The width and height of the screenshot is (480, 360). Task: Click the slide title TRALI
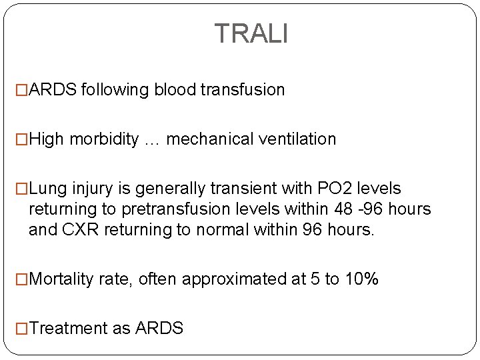coord(251,33)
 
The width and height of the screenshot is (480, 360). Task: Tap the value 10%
coord(361,278)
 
